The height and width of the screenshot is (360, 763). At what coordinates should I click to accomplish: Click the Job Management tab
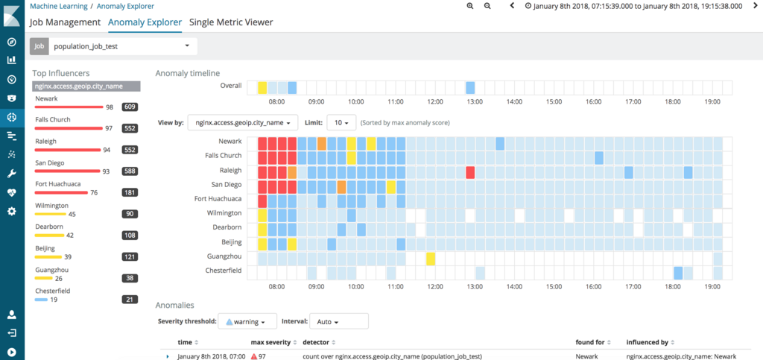tap(65, 22)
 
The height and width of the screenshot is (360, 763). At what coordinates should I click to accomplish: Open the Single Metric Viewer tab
tap(231, 22)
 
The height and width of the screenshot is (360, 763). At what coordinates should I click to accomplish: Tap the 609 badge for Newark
tap(130, 107)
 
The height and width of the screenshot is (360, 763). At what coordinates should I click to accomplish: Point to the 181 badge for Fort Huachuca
tap(130, 192)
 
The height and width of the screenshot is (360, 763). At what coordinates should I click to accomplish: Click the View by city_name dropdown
tap(242, 121)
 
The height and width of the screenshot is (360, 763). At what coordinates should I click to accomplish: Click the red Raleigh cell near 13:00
tap(471, 172)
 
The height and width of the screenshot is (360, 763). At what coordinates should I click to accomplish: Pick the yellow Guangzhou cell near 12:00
tap(431, 259)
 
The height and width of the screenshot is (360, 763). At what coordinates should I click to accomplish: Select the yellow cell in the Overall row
tap(262, 87)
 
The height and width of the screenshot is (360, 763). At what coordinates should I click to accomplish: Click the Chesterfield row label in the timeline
tap(224, 271)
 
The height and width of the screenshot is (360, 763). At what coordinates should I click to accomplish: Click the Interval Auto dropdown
tap(338, 322)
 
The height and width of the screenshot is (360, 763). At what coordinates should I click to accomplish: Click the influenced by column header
tap(647, 343)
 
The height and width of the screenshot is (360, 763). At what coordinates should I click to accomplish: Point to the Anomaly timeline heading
tap(187, 73)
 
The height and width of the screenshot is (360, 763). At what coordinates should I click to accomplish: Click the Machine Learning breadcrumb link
tap(58, 5)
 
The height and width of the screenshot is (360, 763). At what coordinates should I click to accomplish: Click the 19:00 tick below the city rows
tap(712, 286)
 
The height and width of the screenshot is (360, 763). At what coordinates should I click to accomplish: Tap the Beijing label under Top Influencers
tap(45, 247)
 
